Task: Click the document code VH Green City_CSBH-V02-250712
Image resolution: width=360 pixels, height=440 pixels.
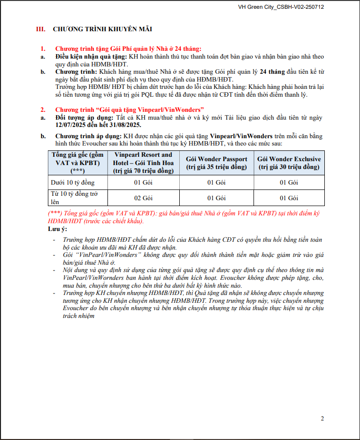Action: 281,7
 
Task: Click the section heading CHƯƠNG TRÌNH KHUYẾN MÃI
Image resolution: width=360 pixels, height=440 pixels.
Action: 103,29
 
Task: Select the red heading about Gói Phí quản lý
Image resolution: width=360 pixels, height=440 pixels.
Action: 128,49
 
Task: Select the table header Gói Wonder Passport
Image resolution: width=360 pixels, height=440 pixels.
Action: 216,163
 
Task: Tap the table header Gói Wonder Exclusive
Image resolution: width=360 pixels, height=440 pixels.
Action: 289,163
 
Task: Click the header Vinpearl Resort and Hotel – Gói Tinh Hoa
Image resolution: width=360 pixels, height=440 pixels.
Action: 143,163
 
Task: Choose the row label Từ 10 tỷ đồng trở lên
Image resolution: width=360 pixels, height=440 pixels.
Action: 75,197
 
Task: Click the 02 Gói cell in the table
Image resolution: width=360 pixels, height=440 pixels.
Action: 143,198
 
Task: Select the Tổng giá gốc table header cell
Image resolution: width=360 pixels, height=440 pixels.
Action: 78,163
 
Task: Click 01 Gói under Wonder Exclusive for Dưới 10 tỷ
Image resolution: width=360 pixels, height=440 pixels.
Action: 289,183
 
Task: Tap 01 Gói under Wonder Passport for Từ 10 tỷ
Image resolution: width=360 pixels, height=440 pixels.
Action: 216,198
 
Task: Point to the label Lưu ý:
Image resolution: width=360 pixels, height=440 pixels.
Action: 57,229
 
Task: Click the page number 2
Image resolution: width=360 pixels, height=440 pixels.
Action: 322,419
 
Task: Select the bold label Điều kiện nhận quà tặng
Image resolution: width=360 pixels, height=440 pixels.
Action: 91,57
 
